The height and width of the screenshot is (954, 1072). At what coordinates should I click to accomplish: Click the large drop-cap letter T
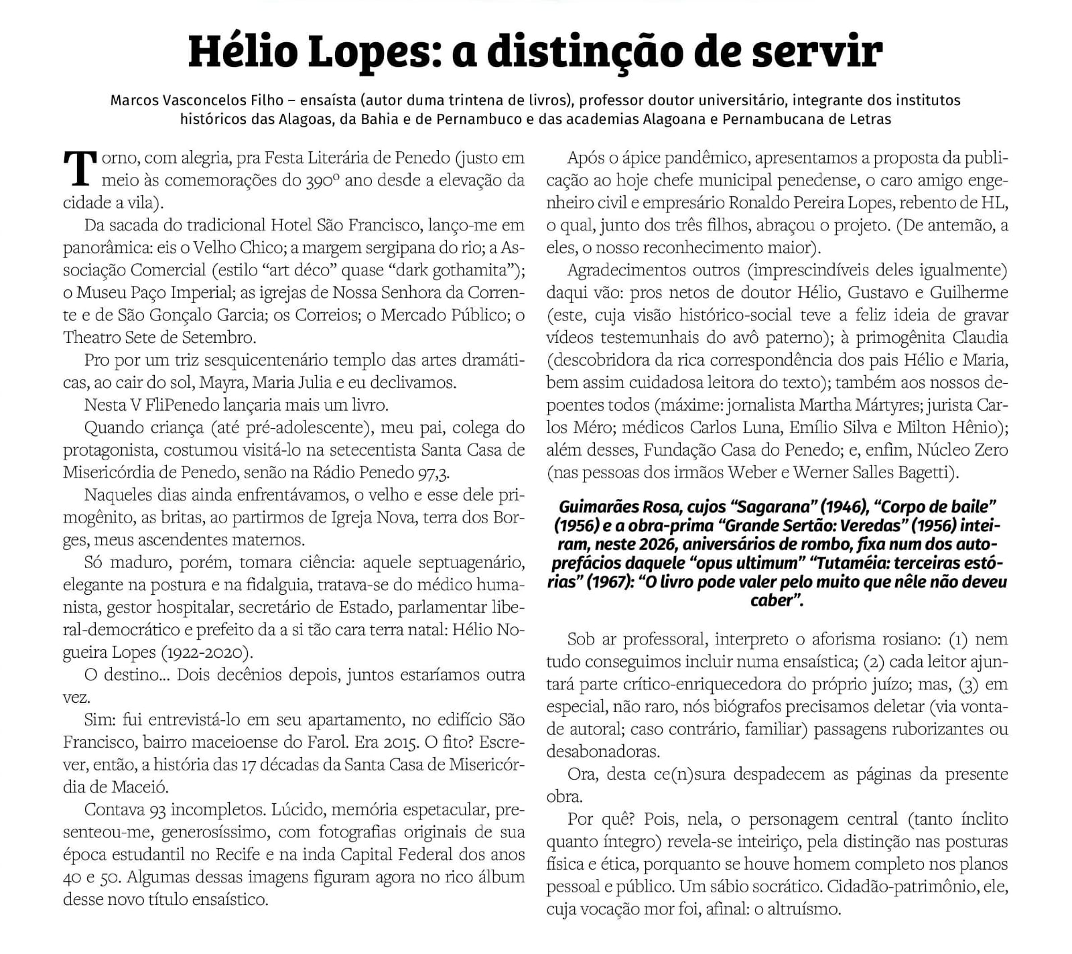[x=80, y=167]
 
